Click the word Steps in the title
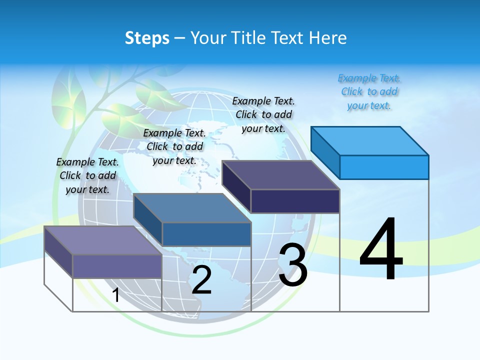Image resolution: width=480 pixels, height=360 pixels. pyautogui.click(x=147, y=38)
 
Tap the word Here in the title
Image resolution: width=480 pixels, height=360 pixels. pyautogui.click(x=328, y=38)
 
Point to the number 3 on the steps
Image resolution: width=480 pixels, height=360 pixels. pyautogui.click(x=293, y=265)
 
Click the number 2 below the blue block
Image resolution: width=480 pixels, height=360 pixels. pyautogui.click(x=201, y=280)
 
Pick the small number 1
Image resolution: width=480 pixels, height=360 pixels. pyautogui.click(x=116, y=295)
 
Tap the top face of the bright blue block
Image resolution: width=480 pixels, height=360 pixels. pyautogui.click(x=370, y=140)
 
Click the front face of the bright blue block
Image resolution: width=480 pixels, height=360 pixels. pyautogui.click(x=384, y=167)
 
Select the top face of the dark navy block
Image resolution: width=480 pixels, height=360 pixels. pyautogui.click(x=281, y=175)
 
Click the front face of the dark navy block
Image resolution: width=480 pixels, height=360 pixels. pyautogui.click(x=295, y=201)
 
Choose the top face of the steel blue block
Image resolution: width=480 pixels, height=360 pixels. pyautogui.click(x=192, y=208)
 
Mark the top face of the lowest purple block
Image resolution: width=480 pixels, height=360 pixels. pyautogui.click(x=103, y=240)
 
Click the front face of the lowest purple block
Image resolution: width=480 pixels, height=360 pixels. pyautogui.click(x=117, y=266)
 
